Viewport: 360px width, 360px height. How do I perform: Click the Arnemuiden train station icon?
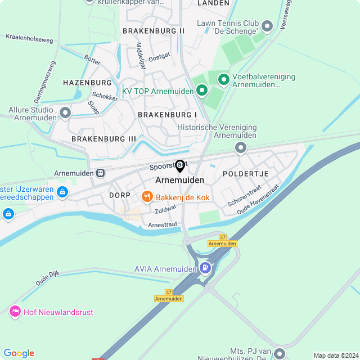coord(100,173)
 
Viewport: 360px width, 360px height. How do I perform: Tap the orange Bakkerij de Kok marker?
coord(147,196)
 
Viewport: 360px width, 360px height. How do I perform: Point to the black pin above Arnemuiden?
coord(180,166)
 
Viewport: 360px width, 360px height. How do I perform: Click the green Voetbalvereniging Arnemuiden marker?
coord(223,80)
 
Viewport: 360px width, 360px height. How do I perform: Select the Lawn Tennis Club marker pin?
coord(267,25)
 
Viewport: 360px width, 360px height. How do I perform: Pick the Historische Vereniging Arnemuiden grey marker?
coord(241,147)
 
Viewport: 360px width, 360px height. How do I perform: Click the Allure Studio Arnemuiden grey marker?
coord(65,113)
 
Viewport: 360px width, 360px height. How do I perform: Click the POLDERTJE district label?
coord(246,174)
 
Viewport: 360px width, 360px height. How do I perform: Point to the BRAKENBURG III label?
coord(104,138)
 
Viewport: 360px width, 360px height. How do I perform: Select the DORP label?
coord(120,195)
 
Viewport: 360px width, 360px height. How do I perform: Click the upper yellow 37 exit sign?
coord(223,237)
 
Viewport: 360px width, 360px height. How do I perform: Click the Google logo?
coord(19,353)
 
